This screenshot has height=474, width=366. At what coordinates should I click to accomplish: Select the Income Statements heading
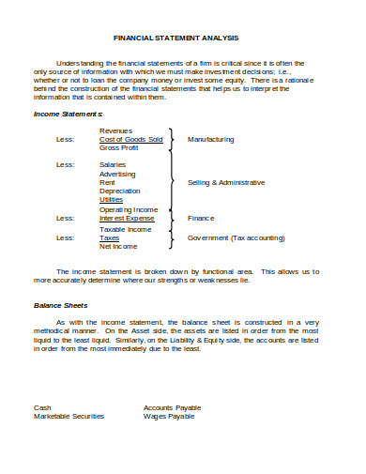[62, 114]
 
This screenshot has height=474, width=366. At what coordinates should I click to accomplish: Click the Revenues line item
[115, 130]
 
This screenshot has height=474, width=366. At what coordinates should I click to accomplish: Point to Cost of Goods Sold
[130, 139]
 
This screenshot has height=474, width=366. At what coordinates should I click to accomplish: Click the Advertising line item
[117, 174]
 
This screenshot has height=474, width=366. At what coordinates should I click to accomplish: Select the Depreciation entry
[119, 191]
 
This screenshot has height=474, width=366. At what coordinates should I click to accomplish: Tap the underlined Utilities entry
[111, 199]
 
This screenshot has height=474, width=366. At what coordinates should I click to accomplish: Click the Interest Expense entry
[127, 218]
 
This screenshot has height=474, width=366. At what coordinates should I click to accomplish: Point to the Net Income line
[118, 246]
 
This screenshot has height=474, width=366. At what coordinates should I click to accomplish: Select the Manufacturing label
[211, 139]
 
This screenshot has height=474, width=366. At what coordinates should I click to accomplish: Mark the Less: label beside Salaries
[64, 164]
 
